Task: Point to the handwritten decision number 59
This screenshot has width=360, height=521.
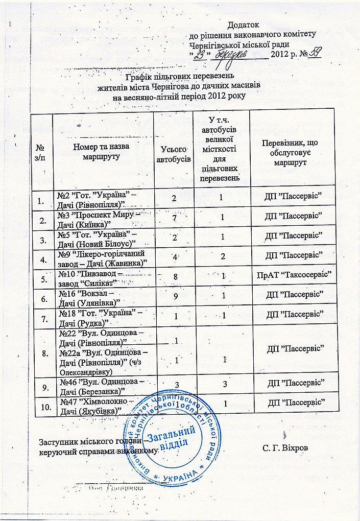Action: [315, 53]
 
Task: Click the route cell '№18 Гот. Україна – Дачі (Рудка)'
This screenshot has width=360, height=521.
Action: [101, 318]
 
